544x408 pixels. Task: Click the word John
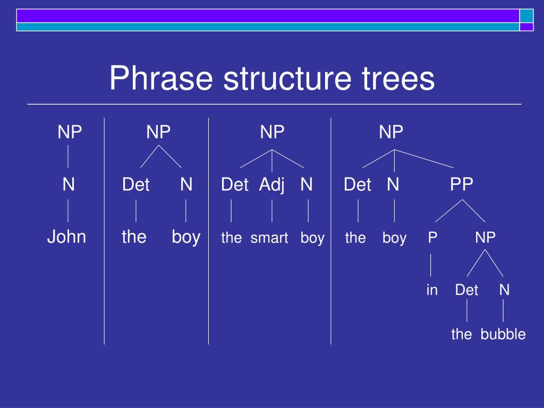(x=66, y=237)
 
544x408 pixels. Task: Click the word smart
(x=269, y=238)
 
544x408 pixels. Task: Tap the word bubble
(x=503, y=334)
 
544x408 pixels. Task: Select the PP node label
(x=462, y=184)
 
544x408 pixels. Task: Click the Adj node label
(x=272, y=185)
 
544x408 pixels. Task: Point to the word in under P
(x=432, y=290)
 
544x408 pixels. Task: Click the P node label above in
(x=432, y=237)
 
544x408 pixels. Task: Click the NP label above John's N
(x=70, y=132)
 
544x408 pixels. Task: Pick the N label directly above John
(x=69, y=184)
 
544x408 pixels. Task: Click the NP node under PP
(x=486, y=237)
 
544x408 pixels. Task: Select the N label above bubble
(x=505, y=290)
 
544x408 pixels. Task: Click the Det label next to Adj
(x=235, y=184)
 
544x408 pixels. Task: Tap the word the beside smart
(x=232, y=238)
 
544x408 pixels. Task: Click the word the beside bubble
(x=462, y=334)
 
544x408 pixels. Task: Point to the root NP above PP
(x=391, y=132)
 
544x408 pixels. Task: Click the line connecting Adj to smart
(x=272, y=211)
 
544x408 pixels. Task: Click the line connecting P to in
(x=431, y=265)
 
